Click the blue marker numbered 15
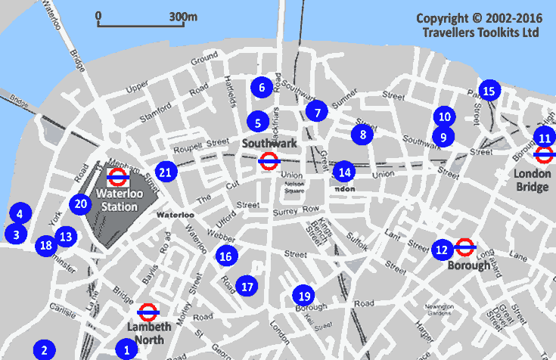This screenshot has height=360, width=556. (x=489, y=92)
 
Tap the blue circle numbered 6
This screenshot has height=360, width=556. (x=262, y=87)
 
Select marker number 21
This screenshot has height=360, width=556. (x=166, y=172)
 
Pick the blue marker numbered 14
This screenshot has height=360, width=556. (x=343, y=171)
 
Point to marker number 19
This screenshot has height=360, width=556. (x=304, y=296)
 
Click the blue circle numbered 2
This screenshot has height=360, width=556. (x=45, y=350)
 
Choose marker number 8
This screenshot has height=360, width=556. (x=363, y=135)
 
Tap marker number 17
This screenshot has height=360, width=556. (x=246, y=286)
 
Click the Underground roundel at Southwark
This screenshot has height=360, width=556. (x=268, y=160)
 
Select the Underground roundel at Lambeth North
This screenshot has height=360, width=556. (x=148, y=312)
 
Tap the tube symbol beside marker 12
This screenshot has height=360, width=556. (x=465, y=247)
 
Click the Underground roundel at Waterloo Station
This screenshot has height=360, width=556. (x=116, y=178)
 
